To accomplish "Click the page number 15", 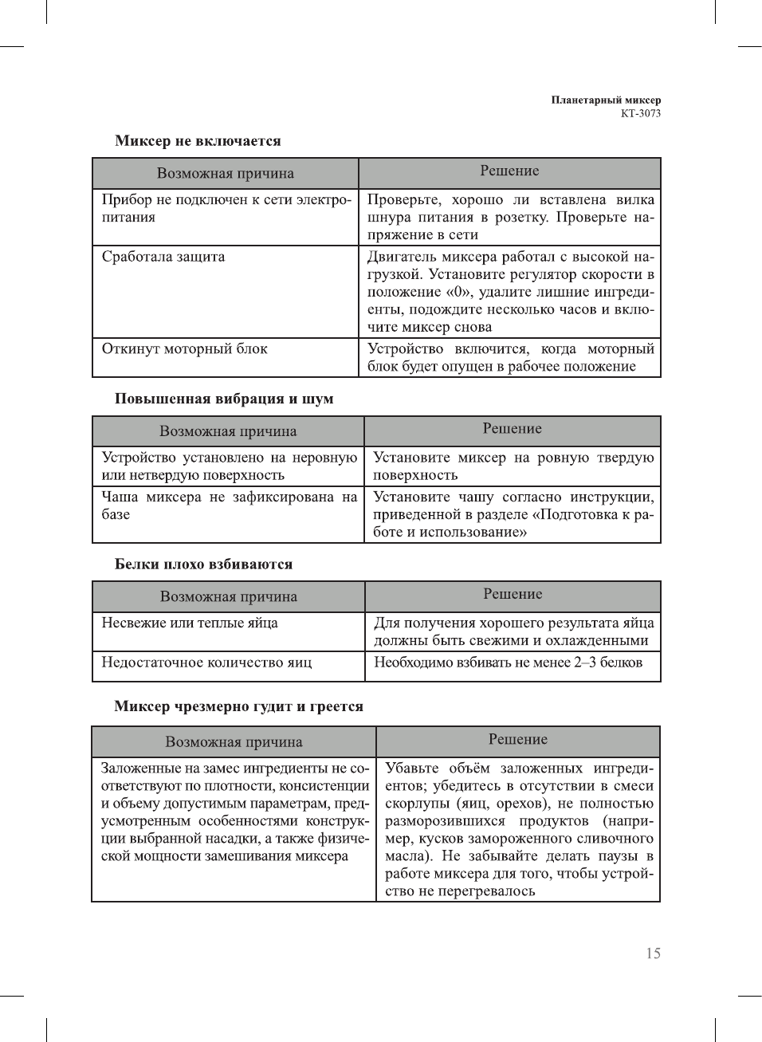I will point(653,954).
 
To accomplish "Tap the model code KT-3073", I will point(641,113).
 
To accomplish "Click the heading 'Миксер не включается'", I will point(198,141).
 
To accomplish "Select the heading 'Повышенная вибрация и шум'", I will point(224,399).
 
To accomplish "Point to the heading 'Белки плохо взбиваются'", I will point(203,564).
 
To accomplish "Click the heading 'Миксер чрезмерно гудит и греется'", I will point(238,706).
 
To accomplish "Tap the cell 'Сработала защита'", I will point(163,257).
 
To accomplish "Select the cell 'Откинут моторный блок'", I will point(184,348).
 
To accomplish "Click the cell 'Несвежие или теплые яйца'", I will point(190,623).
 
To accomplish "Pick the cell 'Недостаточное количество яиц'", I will point(206,663).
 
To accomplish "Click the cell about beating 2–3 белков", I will point(508,663).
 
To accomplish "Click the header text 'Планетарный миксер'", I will point(606,100).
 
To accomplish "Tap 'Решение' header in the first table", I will point(509,171).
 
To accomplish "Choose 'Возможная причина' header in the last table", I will point(234,742).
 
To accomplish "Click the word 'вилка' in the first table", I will point(635,199).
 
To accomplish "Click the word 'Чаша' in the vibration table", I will point(120,497).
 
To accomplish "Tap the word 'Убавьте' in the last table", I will point(411,769).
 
